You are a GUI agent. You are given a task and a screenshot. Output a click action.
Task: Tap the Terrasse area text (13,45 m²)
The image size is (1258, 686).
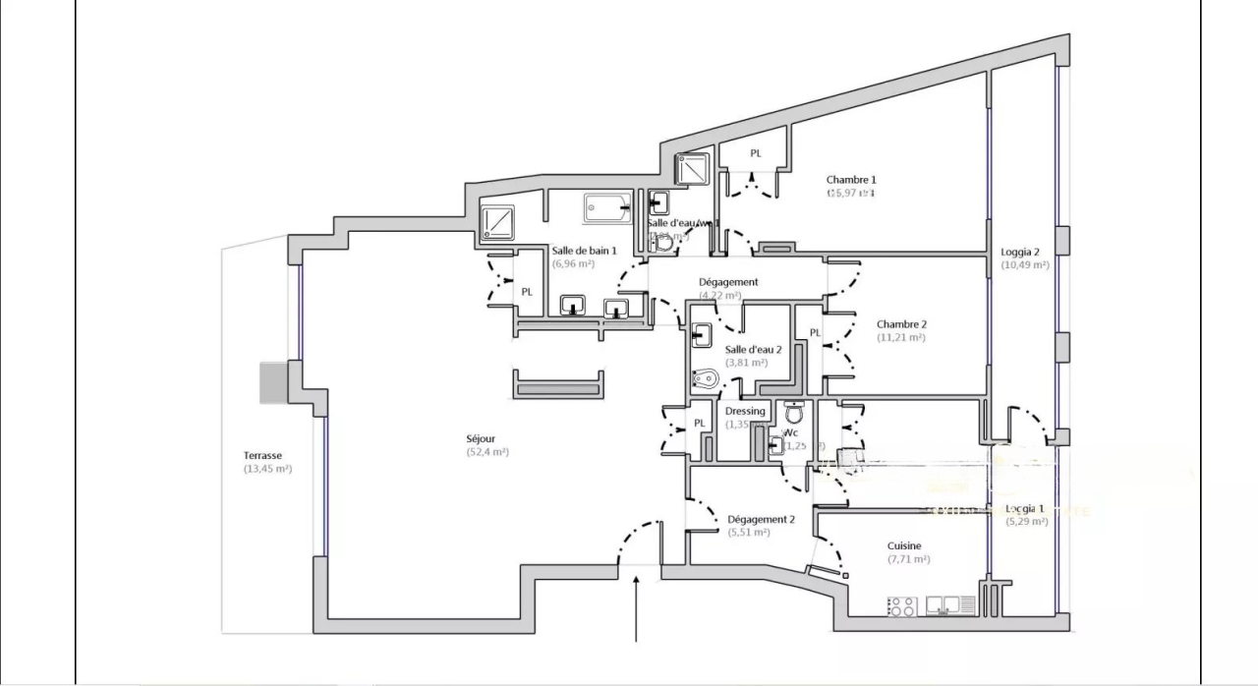click(x=267, y=469)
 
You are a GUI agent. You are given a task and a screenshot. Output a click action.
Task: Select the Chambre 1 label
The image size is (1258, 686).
click(x=850, y=180)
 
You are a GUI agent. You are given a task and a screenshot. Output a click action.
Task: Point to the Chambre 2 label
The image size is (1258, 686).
click(x=901, y=324)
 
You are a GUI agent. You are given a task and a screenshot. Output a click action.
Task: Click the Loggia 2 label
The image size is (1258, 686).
click(x=1020, y=252)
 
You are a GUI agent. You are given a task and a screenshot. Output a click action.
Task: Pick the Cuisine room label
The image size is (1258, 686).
click(x=904, y=545)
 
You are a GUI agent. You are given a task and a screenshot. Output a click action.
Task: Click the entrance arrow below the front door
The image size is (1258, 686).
click(x=639, y=609)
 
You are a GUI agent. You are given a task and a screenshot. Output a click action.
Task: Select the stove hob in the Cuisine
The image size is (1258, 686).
click(x=901, y=606)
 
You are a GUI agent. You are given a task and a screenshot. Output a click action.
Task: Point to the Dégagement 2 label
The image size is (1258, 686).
click(x=761, y=519)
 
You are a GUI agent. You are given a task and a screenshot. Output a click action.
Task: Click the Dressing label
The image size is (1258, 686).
click(x=745, y=411)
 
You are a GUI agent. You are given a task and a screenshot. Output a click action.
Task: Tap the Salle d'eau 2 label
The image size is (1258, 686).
click(x=753, y=349)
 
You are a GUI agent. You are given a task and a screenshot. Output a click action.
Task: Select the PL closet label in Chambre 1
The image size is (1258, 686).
click(x=756, y=153)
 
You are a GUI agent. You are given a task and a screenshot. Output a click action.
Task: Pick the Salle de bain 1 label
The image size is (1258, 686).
click(x=584, y=251)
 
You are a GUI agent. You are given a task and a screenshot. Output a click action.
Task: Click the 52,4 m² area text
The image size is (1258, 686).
click(x=487, y=452)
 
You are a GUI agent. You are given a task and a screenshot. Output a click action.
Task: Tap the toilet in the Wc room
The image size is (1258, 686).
click(x=794, y=413)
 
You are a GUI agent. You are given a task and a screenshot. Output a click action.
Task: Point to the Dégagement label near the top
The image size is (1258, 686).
click(x=728, y=282)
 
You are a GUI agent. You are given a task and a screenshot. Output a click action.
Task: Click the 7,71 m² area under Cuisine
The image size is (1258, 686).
click(x=908, y=559)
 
